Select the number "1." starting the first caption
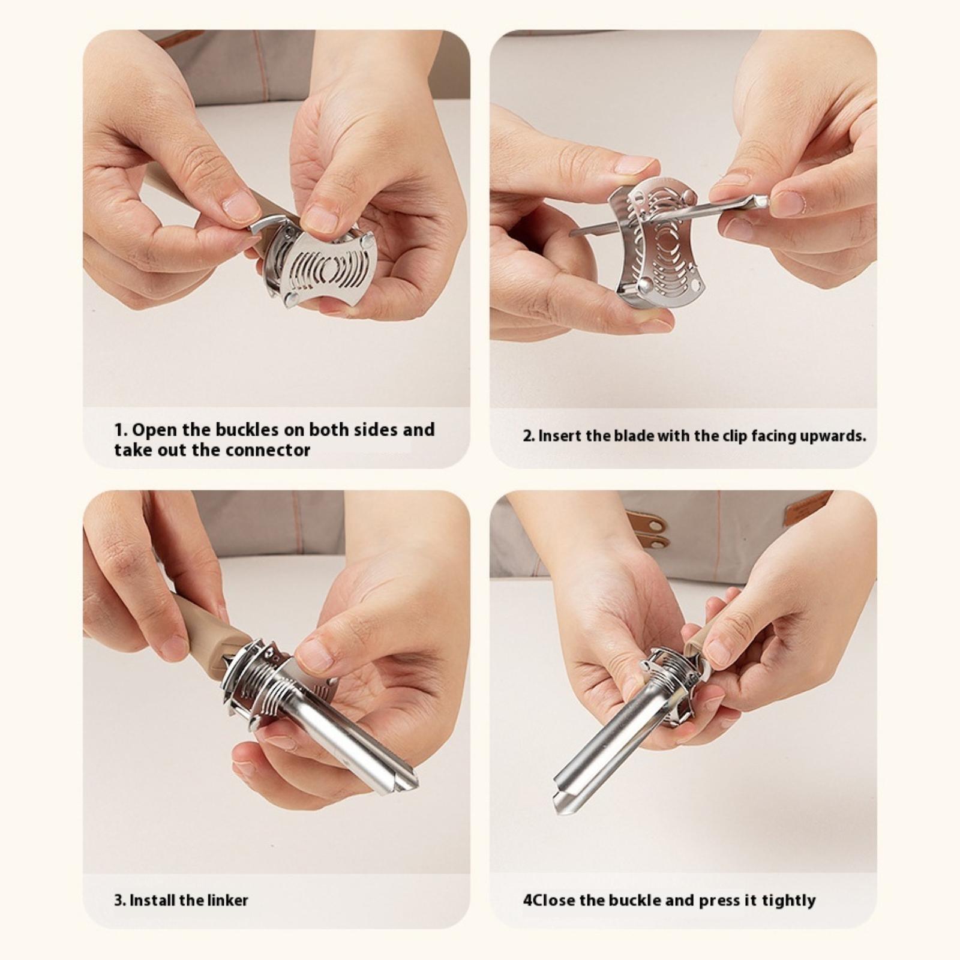coord(121,430)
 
